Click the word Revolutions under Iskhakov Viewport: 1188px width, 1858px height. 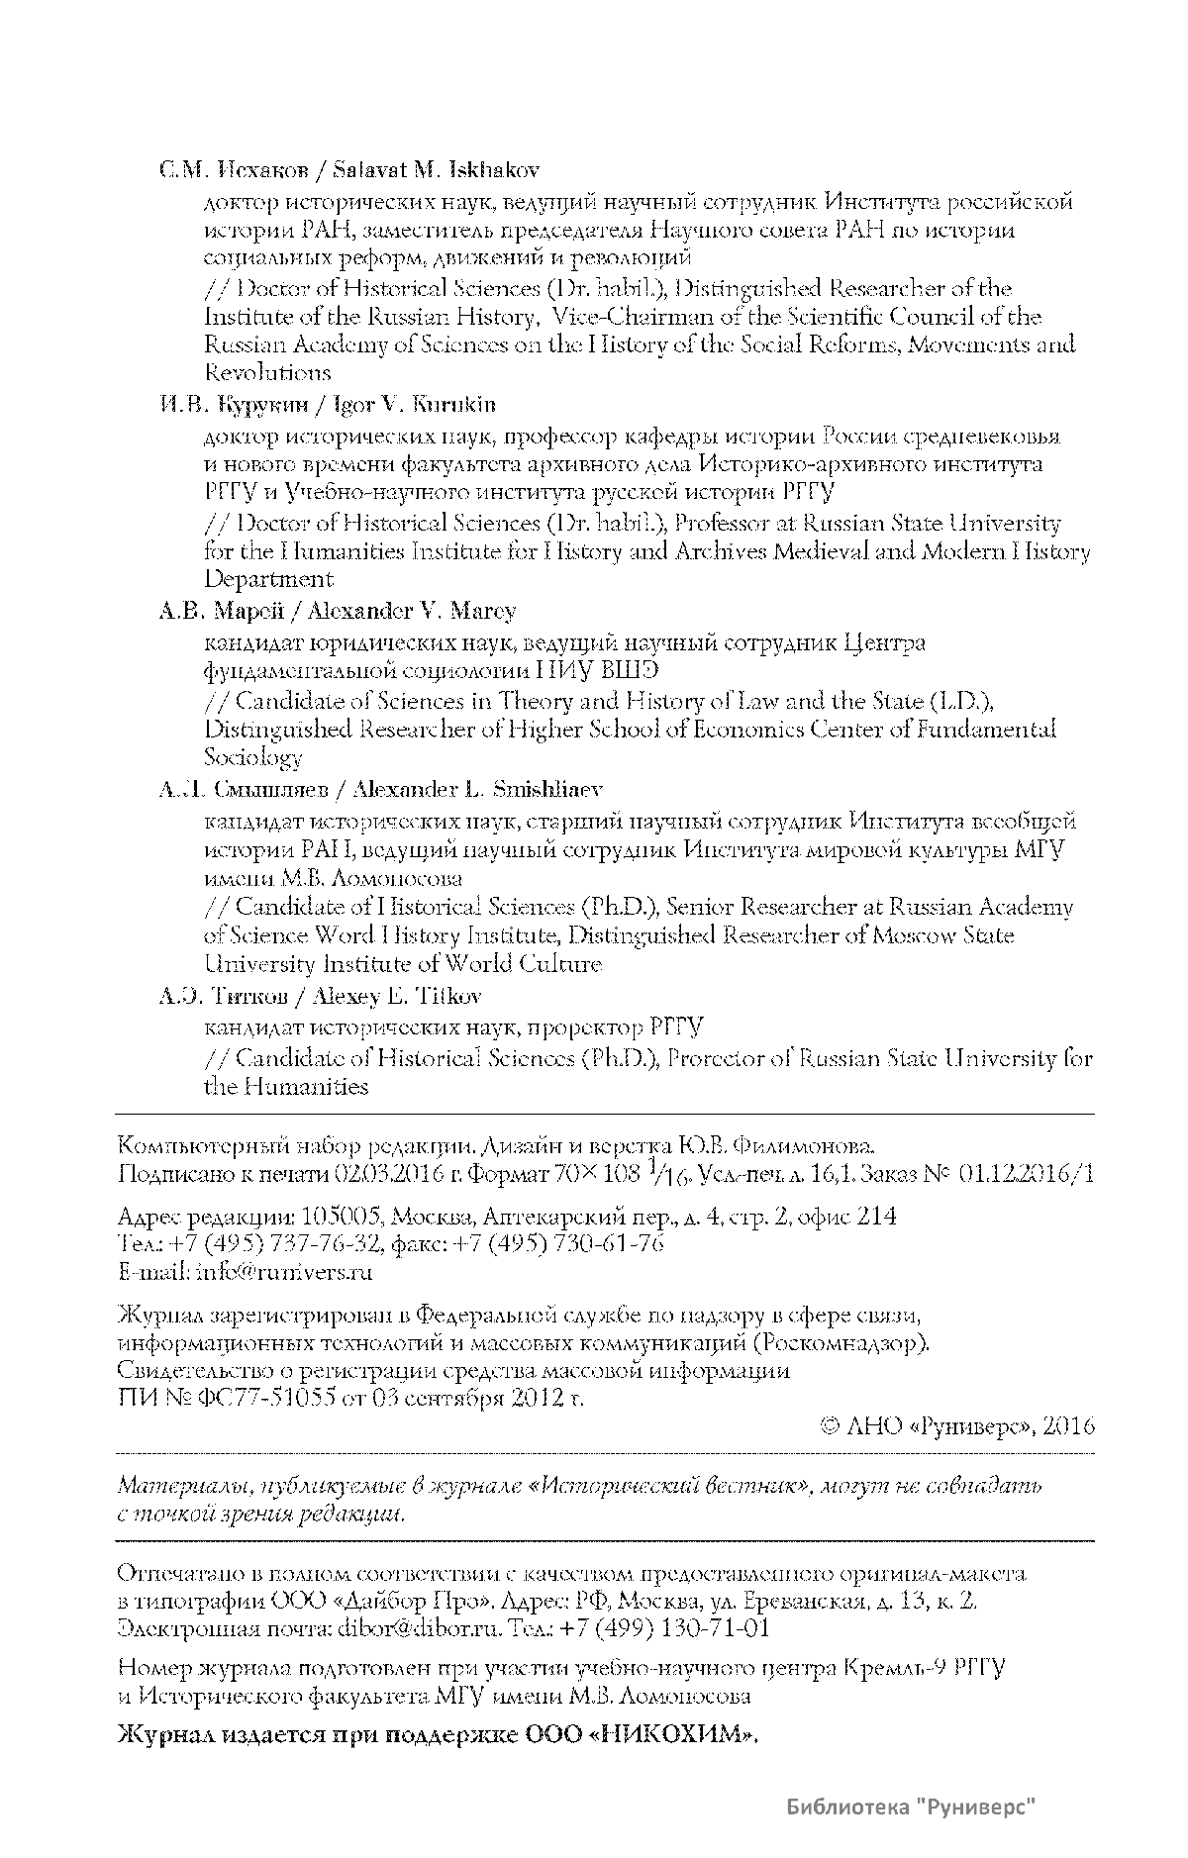[x=267, y=373]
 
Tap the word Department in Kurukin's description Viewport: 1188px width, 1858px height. [x=268, y=579]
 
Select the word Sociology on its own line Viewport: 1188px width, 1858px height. [x=252, y=758]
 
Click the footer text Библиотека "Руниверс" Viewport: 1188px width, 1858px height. [x=911, y=1809]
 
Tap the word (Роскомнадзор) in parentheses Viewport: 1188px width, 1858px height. [x=841, y=1343]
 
